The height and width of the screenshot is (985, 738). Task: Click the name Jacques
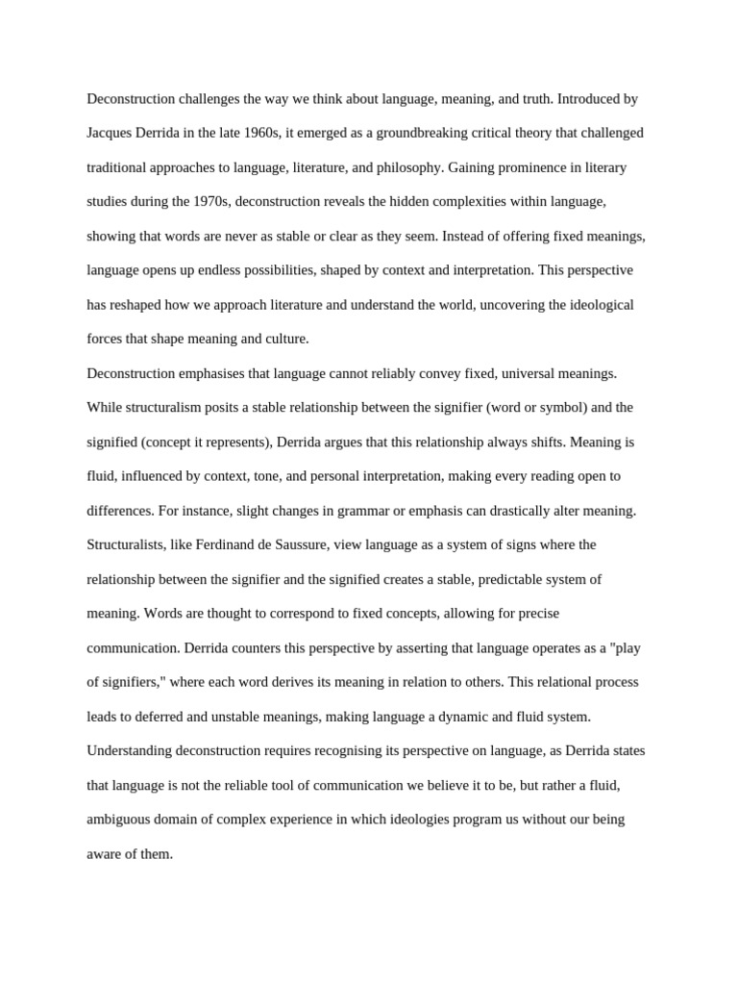111,133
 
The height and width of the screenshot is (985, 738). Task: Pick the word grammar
387,511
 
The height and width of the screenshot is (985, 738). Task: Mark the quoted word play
627,648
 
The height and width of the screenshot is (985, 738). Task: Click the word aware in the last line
105,854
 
